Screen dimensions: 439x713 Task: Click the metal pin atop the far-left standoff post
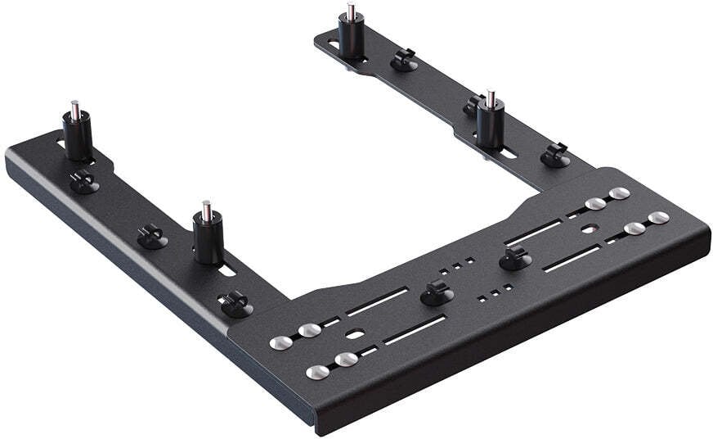75,107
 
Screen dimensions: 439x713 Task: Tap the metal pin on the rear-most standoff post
351,12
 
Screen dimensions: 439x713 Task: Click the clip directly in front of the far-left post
83,182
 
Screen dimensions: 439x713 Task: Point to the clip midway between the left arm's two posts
152,237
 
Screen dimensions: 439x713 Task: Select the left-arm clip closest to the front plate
235,303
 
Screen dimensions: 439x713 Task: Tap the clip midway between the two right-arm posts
403,59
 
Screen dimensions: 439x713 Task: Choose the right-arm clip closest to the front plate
555,155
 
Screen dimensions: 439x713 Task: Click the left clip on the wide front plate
434,292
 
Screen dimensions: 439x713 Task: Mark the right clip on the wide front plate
514,260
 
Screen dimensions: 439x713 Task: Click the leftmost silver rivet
278,342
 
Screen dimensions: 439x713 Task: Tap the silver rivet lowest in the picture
317,372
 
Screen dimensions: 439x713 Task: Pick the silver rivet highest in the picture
620,193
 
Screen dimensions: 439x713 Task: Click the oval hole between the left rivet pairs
353,334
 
